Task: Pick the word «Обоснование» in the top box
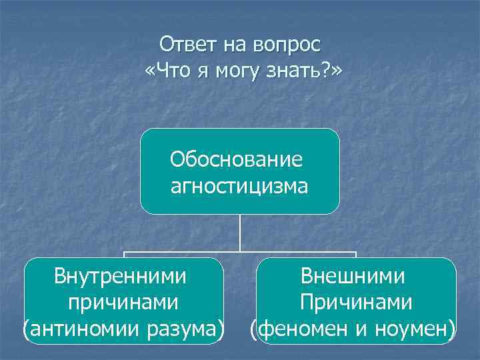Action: pyautogui.click(x=237, y=159)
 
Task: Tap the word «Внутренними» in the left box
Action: pyautogui.click(x=121, y=276)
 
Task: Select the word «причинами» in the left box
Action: pyautogui.click(x=123, y=302)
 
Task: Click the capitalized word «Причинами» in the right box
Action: pyautogui.click(x=355, y=302)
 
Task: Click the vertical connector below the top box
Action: pyautogui.click(x=240, y=233)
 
